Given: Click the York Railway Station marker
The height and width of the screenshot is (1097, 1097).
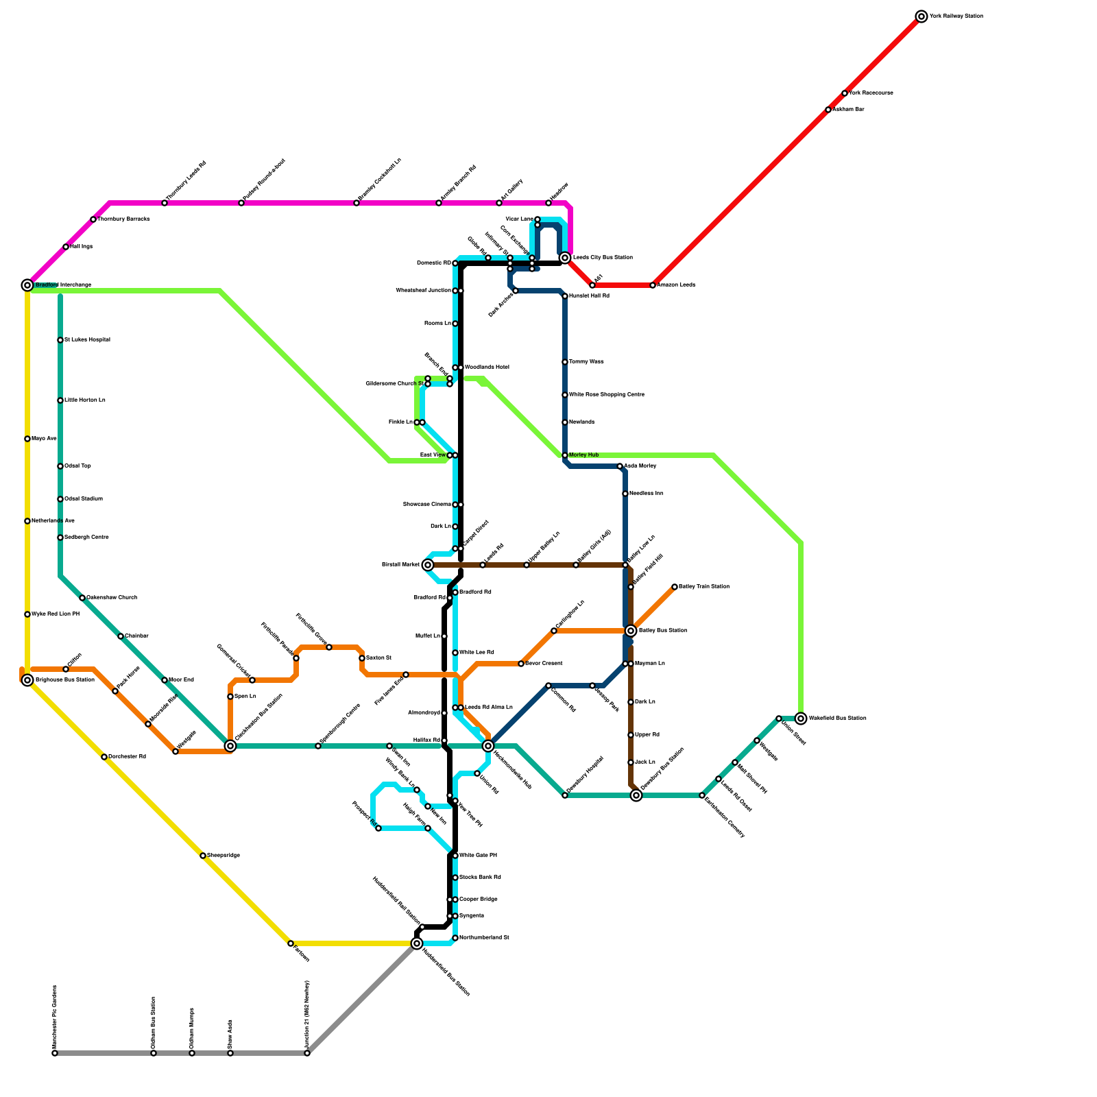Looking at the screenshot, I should (921, 16).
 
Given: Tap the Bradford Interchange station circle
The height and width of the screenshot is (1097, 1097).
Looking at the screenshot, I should (27, 285).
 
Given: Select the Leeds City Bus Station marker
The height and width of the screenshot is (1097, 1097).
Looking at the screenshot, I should (565, 258).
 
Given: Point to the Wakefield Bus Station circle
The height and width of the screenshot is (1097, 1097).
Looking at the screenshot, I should (801, 719).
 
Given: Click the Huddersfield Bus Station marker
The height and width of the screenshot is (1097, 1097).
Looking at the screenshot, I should (417, 943).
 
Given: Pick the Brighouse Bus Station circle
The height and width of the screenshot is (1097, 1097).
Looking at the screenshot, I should (27, 680).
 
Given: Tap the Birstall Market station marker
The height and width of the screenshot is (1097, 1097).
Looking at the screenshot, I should (428, 565).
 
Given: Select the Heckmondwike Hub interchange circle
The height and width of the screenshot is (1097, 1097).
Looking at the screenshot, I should (488, 746).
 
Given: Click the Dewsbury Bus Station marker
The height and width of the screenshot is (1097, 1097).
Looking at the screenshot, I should (636, 795).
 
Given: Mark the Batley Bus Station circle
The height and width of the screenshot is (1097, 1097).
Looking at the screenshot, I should (631, 631).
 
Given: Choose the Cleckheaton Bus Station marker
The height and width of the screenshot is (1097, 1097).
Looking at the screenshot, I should (230, 746).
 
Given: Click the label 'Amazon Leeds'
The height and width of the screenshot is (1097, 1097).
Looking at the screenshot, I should (677, 285).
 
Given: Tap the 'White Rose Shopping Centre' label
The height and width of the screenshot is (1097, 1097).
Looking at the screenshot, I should (607, 395).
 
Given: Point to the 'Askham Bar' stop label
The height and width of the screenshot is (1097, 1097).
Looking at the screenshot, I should (849, 110).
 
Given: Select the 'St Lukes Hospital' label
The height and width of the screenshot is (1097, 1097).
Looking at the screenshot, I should (88, 340).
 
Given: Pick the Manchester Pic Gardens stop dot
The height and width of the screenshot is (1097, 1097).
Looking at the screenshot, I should (55, 1053).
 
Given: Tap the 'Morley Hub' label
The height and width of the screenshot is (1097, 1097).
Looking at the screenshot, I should (584, 455).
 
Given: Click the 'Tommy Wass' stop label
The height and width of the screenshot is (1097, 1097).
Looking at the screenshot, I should (587, 362).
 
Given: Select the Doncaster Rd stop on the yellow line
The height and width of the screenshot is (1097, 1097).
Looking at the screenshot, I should (104, 757).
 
